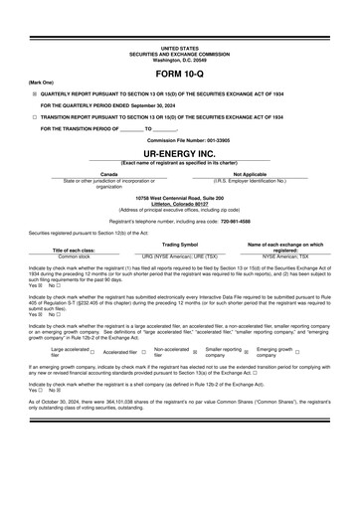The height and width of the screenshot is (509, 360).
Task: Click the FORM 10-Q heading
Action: click(180, 75)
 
